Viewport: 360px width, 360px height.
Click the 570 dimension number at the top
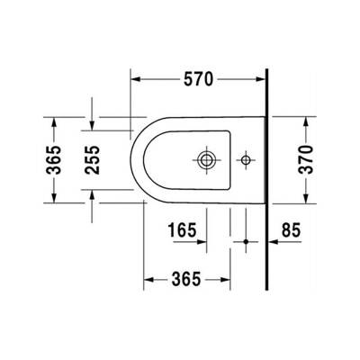(198, 78)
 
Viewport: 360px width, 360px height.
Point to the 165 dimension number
(184, 232)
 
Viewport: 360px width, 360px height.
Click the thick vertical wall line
(268, 180)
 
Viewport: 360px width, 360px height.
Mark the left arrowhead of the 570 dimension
(137, 78)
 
